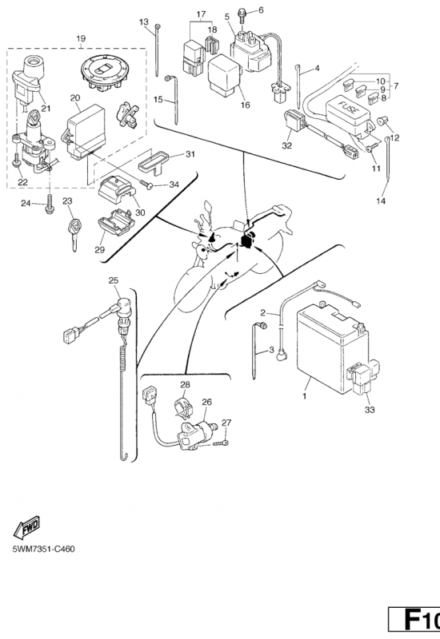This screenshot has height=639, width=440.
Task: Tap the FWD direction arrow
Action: coord(26,528)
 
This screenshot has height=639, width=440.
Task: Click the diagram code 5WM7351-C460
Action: coord(44,549)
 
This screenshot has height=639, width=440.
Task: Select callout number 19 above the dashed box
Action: coord(81,38)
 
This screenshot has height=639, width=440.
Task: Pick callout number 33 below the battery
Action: coord(370,410)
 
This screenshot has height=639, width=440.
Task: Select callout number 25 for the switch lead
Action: coord(114,280)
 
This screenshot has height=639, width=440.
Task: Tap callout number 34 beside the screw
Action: coord(174,185)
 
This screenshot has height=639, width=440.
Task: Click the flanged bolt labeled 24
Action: coord(50,204)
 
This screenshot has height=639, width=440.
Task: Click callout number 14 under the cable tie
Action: coord(381,201)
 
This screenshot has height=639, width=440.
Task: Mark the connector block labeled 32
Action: coord(294,120)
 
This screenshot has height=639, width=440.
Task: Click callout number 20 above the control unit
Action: coord(75,97)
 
